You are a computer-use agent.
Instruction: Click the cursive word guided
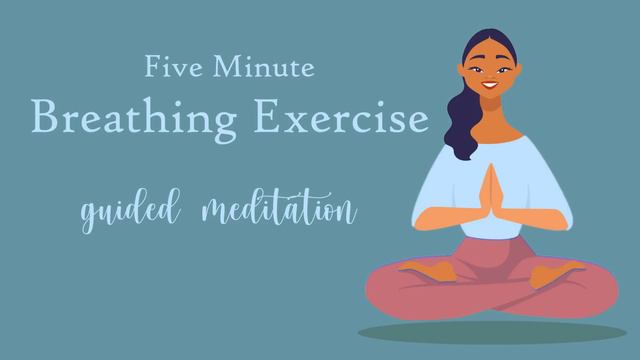(x=129, y=213)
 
